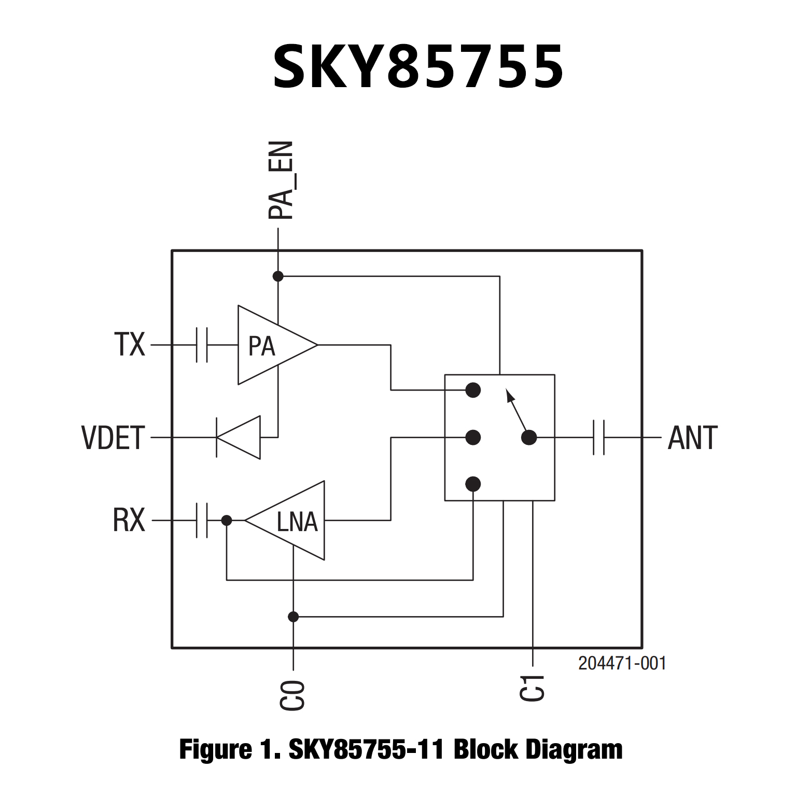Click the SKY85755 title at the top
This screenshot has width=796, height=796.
point(418,67)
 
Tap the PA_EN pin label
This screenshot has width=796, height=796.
point(281,180)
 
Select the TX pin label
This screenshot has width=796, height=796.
point(130,344)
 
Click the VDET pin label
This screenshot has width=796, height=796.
point(113,438)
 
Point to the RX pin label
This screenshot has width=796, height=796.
point(129,520)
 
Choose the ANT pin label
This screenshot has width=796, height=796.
point(692,438)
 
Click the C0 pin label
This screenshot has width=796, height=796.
point(292,695)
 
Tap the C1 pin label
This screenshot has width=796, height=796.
point(533,688)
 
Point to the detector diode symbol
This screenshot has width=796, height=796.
point(239,438)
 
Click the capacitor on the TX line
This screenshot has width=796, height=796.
point(202,344)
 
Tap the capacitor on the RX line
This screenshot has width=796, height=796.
point(202,520)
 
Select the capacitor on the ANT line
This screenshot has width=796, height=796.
point(598,438)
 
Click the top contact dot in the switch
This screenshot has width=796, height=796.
point(473,390)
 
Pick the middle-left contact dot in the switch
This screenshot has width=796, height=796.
point(473,437)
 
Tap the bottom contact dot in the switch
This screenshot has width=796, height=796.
point(473,484)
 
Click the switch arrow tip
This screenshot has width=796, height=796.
point(508,393)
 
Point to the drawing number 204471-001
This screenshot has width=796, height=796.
point(622,663)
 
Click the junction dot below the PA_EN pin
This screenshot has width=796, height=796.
point(278,276)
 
